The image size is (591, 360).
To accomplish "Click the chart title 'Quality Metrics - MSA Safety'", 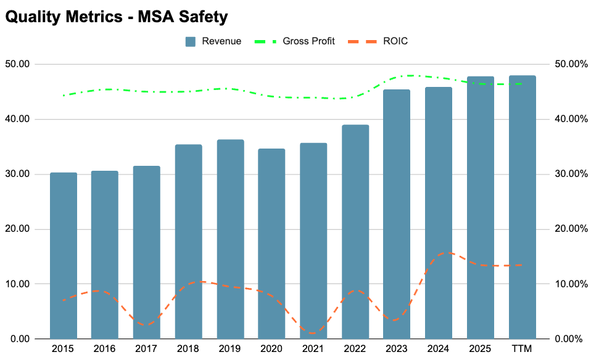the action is (117, 17).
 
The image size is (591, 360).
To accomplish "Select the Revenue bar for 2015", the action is (64, 256).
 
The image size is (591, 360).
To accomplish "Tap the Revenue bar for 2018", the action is (188, 242).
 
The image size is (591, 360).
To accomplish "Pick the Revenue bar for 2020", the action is (271, 243).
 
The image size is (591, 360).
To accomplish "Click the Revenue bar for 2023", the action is (397, 215).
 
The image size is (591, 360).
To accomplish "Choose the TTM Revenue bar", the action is (522, 207).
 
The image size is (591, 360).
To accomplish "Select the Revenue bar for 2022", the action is (355, 232).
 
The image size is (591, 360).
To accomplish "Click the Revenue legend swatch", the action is (191, 41).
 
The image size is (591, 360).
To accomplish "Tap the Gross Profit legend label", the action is (308, 41).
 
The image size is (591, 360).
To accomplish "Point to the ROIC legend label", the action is (395, 41).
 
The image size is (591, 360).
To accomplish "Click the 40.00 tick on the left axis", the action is (17, 119).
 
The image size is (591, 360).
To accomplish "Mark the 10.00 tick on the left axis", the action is (17, 284).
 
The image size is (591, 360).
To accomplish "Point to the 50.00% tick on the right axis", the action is (571, 64).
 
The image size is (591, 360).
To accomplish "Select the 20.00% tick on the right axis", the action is (571, 229).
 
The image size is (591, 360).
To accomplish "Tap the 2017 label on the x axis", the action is (146, 349).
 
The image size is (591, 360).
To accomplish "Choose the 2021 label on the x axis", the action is (313, 349).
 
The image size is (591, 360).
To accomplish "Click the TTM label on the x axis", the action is (522, 349).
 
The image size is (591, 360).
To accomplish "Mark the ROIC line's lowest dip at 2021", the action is (312, 333).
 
